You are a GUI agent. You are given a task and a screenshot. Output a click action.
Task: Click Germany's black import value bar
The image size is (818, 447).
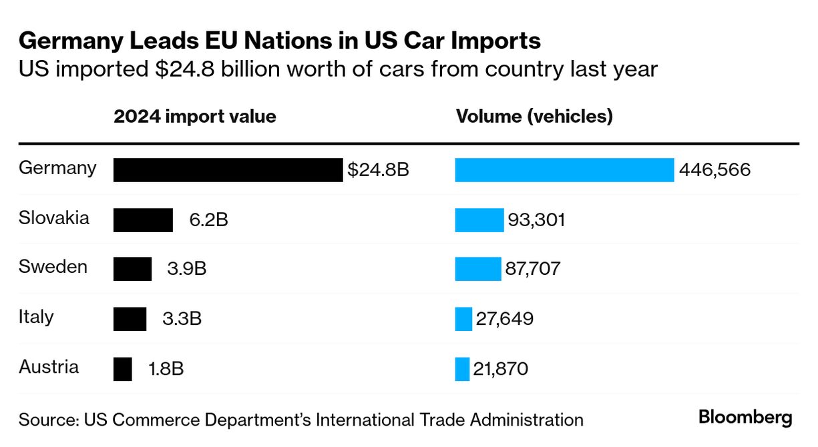point(228,169)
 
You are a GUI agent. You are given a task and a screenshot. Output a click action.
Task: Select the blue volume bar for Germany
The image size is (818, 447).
point(564,169)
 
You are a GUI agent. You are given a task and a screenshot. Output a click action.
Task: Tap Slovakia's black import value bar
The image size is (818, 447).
point(143,219)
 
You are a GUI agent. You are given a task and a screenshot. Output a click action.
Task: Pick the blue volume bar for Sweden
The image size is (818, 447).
point(477,269)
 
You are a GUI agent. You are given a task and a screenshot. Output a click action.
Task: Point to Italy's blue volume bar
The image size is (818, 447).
point(463,319)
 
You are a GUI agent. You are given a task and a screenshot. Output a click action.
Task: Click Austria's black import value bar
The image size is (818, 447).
point(123,369)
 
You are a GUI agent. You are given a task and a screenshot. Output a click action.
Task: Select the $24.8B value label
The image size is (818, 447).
point(378,170)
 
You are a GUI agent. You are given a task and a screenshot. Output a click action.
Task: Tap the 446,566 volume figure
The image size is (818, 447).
point(714,170)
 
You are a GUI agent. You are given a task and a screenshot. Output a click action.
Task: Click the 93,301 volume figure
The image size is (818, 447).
point(537,219)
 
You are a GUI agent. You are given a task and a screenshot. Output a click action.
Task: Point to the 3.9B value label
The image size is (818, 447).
point(186,269)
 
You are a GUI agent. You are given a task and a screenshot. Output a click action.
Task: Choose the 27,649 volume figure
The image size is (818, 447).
point(504,319)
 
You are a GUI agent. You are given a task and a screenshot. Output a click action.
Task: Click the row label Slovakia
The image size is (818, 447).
point(54,217)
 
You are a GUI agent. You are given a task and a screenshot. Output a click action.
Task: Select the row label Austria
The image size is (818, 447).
point(49,367)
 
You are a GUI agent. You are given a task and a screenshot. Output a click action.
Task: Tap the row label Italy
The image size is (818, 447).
point(36,317)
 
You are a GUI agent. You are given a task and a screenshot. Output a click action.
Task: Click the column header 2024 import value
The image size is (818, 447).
point(195,117)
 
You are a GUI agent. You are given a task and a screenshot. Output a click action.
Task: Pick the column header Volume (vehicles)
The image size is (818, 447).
point(534,117)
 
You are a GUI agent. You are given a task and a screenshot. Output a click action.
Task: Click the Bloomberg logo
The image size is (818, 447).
point(745,418)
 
